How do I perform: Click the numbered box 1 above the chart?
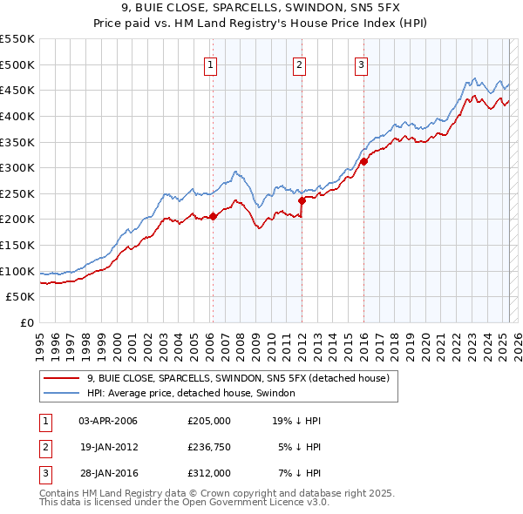point(212,64)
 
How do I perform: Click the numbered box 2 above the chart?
point(299,64)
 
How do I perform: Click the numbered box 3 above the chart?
point(361,64)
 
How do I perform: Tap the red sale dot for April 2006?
point(213,216)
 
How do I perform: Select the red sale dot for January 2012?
point(302,200)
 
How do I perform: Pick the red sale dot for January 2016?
point(363,161)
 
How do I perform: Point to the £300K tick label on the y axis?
point(17,167)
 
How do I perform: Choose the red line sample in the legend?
point(61,378)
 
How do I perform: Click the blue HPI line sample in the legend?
point(61,393)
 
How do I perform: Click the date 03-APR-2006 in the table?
point(108,421)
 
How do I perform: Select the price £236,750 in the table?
point(209,447)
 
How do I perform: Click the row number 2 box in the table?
point(43,447)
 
